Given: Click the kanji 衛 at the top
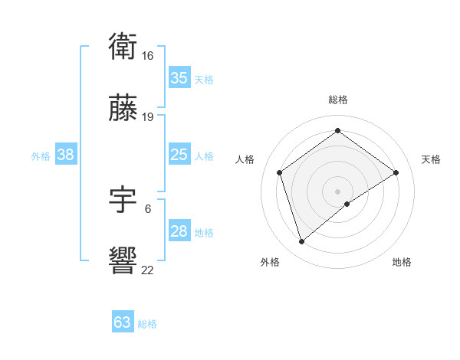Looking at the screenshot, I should tap(123, 47).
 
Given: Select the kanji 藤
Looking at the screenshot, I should tap(123, 109).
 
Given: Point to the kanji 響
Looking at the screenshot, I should tap(123, 261).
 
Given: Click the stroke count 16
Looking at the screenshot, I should tap(147, 56).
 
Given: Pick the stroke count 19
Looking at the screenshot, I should tap(147, 117).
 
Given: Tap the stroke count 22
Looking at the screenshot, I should tap(147, 270).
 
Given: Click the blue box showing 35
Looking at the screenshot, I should tap(179, 78).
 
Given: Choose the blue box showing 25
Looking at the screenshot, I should tap(179, 155).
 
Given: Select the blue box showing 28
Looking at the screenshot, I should tap(179, 231).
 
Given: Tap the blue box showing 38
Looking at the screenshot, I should tap(65, 155).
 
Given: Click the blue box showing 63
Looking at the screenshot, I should tap(123, 322).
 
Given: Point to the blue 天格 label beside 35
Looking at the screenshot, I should tap(204, 80).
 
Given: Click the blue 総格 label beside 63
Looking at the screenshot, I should tap(147, 324).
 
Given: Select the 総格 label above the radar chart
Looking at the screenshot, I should tap(337, 100).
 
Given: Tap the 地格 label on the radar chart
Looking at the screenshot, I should tap(402, 262).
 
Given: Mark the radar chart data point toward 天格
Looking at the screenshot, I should tap(396, 172).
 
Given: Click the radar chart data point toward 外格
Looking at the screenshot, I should tap(301, 242).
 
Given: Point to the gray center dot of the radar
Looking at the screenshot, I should tap(337, 190).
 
